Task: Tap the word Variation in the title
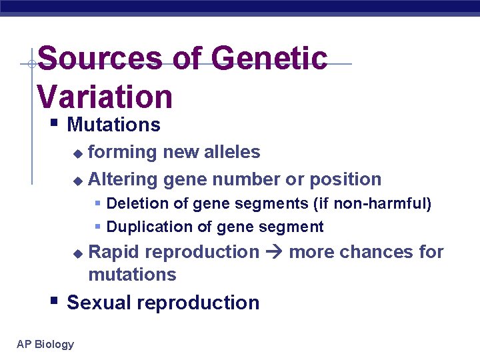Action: [x=105, y=96]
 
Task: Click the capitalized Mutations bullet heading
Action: [x=113, y=125]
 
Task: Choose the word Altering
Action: [x=123, y=179]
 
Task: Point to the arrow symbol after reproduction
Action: [x=274, y=252]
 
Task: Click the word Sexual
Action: [x=99, y=303]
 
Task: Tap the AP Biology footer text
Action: [x=45, y=344]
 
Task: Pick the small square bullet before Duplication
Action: [x=97, y=227]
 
